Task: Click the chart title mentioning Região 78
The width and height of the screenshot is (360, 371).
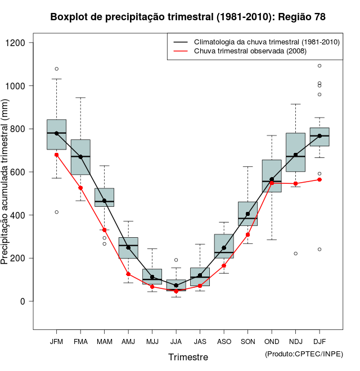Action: tap(188, 17)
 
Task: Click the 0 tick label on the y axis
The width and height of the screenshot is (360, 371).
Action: tap(23, 301)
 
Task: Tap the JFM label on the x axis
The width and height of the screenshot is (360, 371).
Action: tap(56, 342)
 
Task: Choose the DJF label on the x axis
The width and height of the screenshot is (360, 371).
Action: tap(319, 342)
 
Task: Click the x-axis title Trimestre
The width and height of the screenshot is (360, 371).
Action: tap(188, 357)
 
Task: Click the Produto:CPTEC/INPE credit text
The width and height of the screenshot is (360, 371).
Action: tap(304, 354)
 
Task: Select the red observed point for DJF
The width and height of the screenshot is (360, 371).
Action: tap(319, 179)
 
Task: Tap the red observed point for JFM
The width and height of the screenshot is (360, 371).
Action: tap(56, 155)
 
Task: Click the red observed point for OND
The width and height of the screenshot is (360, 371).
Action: tap(272, 183)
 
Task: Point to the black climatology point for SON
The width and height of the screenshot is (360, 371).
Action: tap(247, 214)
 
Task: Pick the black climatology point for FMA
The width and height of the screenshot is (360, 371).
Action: tap(80, 157)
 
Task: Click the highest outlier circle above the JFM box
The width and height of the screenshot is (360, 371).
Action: tap(56, 69)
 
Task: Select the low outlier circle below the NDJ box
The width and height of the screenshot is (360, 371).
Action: tap(295, 254)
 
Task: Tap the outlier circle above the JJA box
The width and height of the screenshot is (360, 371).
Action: tap(176, 260)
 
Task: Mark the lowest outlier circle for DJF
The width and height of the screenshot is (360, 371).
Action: tap(319, 249)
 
